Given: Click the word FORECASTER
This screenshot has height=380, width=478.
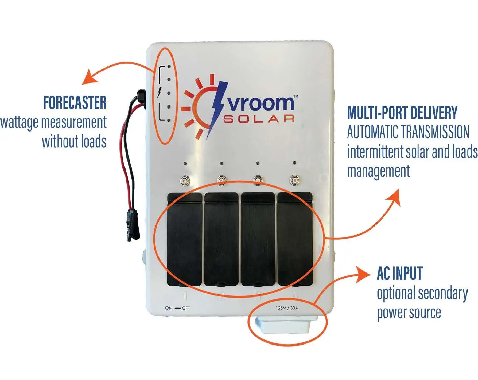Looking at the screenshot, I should (75, 102).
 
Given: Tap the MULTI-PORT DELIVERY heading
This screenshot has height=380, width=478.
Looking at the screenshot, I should (402, 113).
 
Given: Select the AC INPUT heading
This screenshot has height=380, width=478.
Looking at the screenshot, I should (400, 274).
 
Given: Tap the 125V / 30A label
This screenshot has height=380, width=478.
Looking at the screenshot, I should (287, 308).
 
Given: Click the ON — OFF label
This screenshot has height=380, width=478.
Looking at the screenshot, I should (177, 308).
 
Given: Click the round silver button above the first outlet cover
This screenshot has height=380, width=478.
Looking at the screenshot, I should (185, 180).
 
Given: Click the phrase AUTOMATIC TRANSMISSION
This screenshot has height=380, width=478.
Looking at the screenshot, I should (408, 132).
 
